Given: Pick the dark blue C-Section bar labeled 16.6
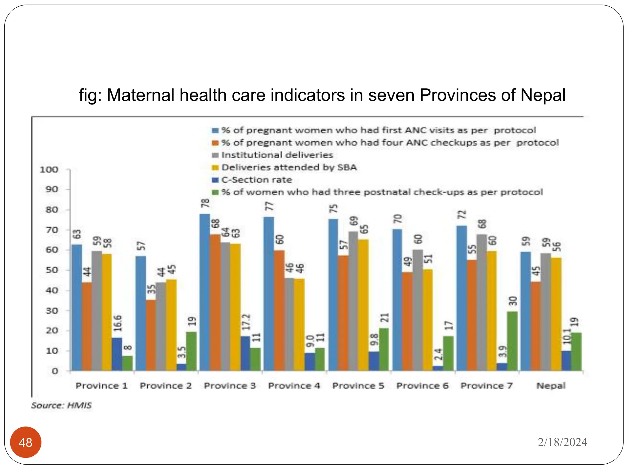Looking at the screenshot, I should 117,354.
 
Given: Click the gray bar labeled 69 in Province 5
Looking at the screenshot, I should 353,301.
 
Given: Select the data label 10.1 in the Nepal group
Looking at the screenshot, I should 567,336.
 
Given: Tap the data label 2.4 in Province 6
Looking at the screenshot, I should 438,354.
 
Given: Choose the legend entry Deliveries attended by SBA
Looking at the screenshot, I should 289,167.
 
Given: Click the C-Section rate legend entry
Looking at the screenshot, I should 256,180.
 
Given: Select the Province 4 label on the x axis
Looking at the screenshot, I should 294,386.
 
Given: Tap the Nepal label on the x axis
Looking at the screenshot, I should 551,386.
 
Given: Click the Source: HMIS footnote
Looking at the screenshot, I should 61,405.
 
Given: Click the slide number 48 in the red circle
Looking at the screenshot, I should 25,442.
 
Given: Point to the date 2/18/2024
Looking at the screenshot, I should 562,442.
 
